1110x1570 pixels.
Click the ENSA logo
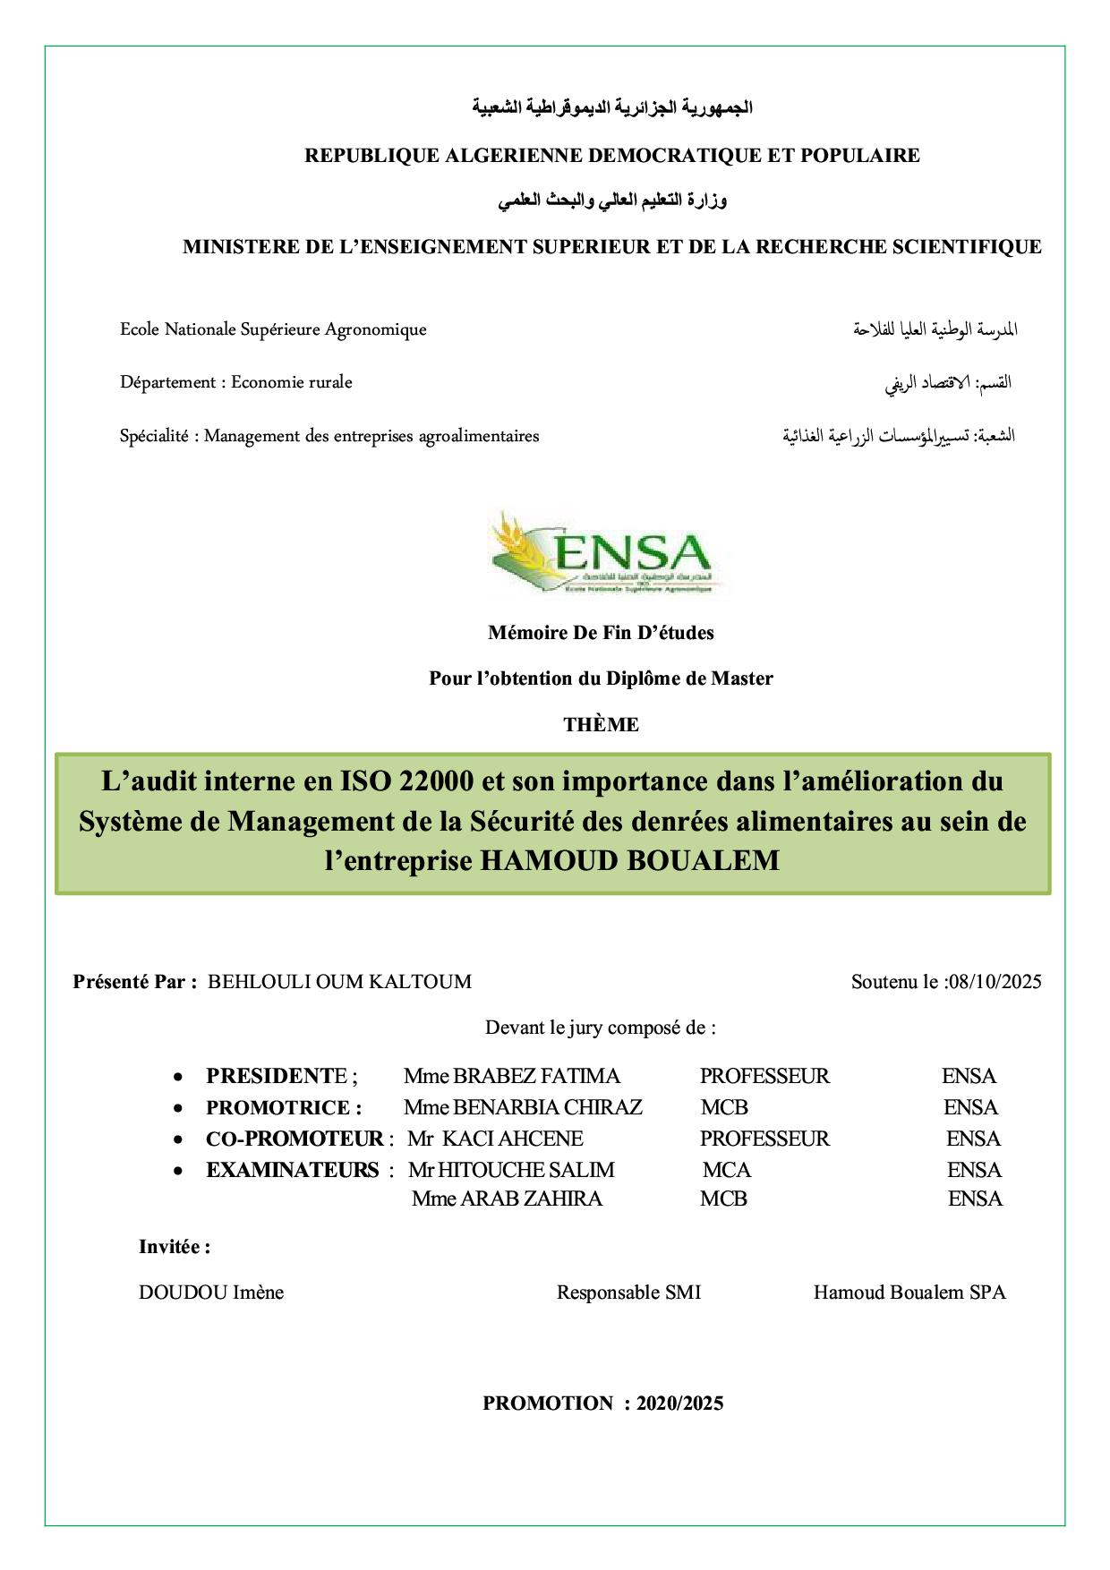[x=602, y=552]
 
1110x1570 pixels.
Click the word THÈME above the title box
[x=601, y=724]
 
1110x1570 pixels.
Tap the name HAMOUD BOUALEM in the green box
[x=629, y=860]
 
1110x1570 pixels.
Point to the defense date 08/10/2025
[x=995, y=981]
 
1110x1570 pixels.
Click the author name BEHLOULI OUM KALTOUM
[x=339, y=981]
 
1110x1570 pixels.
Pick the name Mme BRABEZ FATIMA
[x=511, y=1076]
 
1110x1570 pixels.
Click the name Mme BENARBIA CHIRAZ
[x=523, y=1107]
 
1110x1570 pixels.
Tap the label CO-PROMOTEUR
[x=295, y=1139]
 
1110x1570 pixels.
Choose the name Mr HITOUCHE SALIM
[x=511, y=1170]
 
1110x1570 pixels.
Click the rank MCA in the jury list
[x=726, y=1170]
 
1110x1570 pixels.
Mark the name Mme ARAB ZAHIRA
[x=507, y=1199]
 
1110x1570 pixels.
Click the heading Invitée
[x=175, y=1247]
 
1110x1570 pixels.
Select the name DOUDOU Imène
[x=211, y=1293]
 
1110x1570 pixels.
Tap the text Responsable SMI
[x=628, y=1293]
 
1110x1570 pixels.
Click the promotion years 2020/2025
[x=679, y=1404]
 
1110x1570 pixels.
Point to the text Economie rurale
[x=292, y=382]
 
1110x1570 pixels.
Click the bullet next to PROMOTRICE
[x=180, y=1108]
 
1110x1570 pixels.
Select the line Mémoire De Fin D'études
[x=601, y=633]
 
